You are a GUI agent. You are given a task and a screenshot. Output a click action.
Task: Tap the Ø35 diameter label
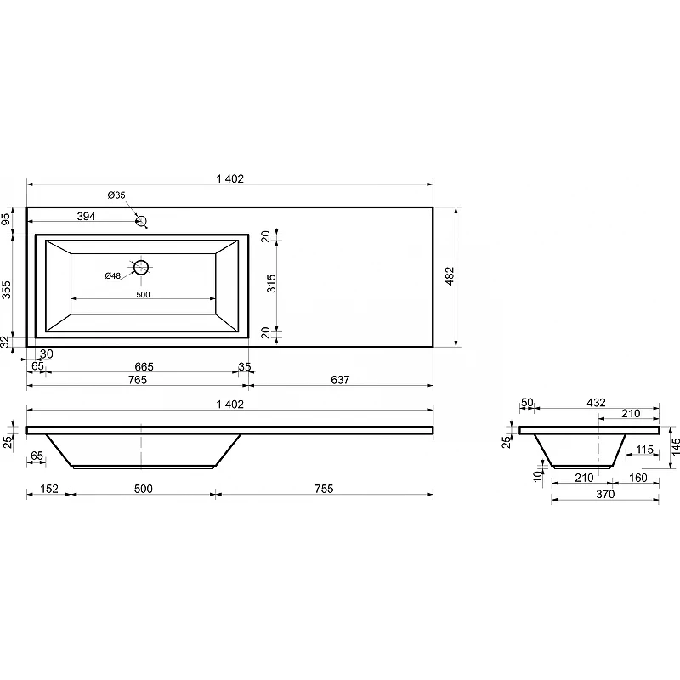pos(116,195)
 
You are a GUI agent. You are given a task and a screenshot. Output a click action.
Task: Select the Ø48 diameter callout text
pos(113,275)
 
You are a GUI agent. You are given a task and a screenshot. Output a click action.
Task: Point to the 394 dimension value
pos(86,216)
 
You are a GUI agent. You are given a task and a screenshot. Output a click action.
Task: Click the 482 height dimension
pos(450,276)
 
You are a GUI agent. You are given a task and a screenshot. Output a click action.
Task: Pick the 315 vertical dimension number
pos(271,284)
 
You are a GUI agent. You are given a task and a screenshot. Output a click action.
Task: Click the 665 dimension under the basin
pos(144,367)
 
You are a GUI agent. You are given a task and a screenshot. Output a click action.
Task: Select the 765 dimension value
pos(138,380)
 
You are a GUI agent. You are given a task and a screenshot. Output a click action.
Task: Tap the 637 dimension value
pos(340,380)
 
